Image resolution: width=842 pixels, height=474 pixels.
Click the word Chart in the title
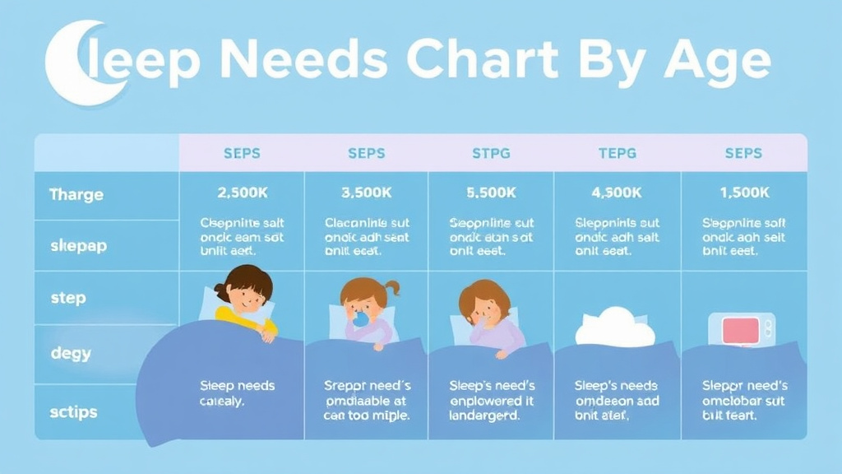point(483,60)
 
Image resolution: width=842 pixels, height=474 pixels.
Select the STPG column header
point(491,153)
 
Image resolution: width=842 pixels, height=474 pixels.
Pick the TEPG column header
point(617,153)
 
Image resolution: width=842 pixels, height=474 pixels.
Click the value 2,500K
point(242,193)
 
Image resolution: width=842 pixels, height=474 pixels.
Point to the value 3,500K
point(366,193)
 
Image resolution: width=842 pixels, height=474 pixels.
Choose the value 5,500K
point(491,193)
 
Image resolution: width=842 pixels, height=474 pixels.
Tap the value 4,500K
point(617,193)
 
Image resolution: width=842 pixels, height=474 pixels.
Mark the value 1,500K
point(743,193)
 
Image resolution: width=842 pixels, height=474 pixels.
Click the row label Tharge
point(76,195)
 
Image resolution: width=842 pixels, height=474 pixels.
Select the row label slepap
point(78,245)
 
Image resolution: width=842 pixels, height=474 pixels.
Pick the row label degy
point(71,354)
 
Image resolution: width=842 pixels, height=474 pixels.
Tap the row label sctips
point(73,411)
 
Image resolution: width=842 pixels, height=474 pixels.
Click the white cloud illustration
point(614,328)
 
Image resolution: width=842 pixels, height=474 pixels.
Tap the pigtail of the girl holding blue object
point(392,287)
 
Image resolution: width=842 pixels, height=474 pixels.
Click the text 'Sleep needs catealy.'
point(237,393)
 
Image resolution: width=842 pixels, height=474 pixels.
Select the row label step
point(67,298)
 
